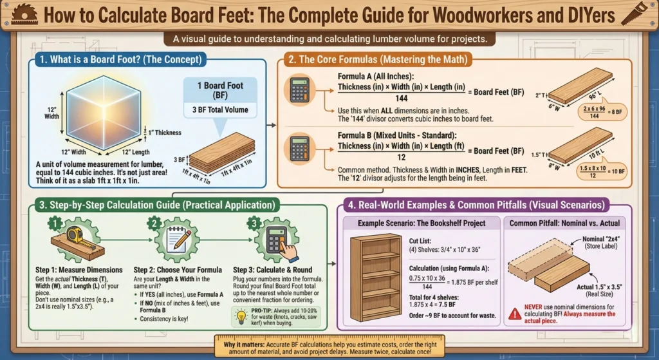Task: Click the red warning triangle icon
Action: pos(514,314)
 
